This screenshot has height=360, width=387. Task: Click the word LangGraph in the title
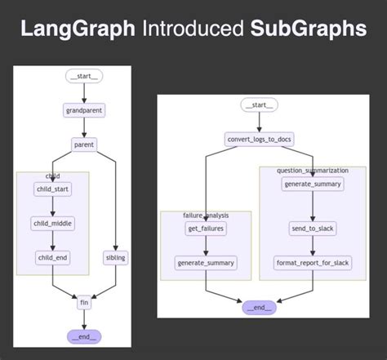click(78, 30)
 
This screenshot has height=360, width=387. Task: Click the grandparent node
click(83, 109)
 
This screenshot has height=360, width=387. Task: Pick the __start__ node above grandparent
click(83, 77)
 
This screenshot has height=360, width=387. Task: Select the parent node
click(83, 144)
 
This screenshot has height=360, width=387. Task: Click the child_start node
click(53, 189)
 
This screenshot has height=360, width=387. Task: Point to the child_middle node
click(53, 223)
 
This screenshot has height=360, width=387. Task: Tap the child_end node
click(53, 257)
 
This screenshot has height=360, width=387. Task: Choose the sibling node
click(117, 257)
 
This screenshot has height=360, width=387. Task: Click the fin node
click(83, 302)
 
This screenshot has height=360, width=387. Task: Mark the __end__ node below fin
click(83, 335)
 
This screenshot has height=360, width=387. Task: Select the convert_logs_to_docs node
click(259, 139)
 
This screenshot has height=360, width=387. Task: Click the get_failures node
click(205, 229)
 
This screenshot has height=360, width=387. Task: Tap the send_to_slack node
click(313, 229)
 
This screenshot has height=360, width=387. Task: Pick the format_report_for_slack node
click(313, 263)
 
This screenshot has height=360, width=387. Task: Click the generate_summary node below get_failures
click(205, 263)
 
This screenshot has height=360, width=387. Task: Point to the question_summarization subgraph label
click(313, 171)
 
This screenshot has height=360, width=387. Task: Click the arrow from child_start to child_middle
click(53, 207)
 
